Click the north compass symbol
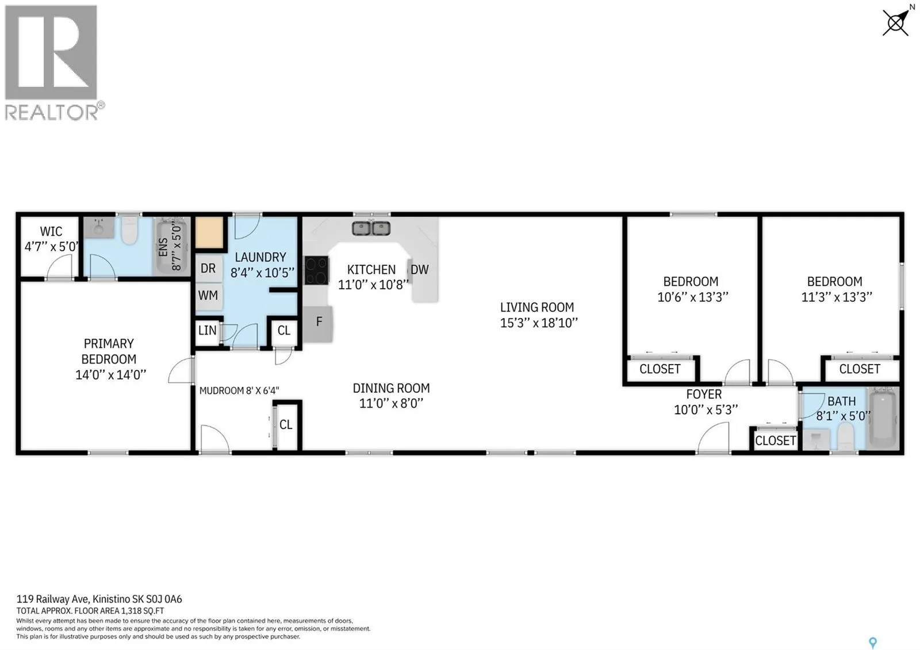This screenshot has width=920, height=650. pyautogui.click(x=896, y=22)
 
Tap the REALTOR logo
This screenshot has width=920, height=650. pyautogui.click(x=53, y=63)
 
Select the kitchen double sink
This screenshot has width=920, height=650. pyautogui.click(x=371, y=228)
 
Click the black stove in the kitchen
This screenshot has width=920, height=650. pyautogui.click(x=317, y=270)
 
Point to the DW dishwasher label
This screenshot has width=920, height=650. pyautogui.click(x=419, y=270)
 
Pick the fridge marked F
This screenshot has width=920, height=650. pyautogui.click(x=318, y=324)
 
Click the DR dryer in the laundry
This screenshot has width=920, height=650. pyautogui.click(x=208, y=268)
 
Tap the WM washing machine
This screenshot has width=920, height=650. pyautogui.click(x=208, y=296)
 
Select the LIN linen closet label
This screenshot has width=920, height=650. pyautogui.click(x=207, y=330)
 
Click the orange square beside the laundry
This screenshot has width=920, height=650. pyautogui.click(x=209, y=232)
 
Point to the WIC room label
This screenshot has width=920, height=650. pyautogui.click(x=51, y=231)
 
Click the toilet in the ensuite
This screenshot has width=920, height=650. pyautogui.click(x=130, y=231)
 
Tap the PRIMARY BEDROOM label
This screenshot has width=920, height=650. pyautogui.click(x=109, y=351)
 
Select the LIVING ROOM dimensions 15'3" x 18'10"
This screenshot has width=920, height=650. pyautogui.click(x=539, y=323)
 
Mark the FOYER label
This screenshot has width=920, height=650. pyautogui.click(x=704, y=394)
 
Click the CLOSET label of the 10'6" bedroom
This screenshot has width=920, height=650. pyautogui.click(x=660, y=369)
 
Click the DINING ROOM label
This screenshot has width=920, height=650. pyautogui.click(x=392, y=388)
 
